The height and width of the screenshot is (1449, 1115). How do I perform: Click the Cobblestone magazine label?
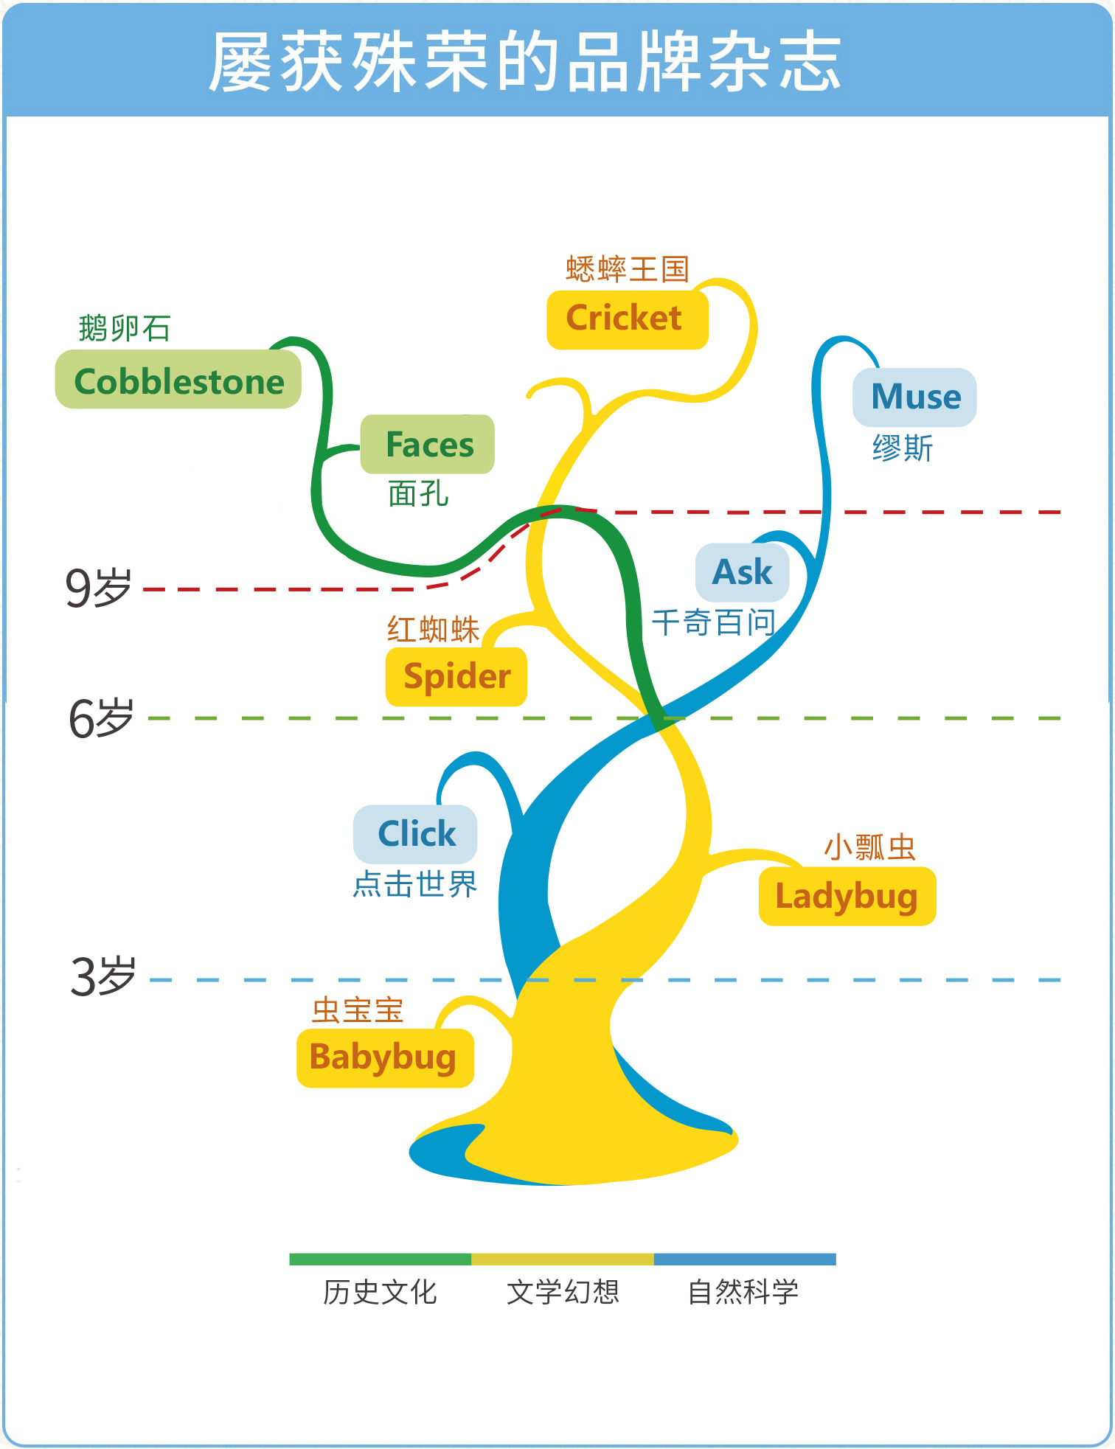[x=178, y=381]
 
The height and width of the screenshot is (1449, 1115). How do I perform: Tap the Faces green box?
[x=428, y=445]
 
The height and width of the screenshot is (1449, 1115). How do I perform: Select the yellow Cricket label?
[x=626, y=319]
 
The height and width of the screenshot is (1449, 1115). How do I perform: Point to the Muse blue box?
[x=914, y=397]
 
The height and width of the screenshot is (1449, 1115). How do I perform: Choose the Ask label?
[x=742, y=572]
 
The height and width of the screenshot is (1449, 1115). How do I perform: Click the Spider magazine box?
[x=456, y=676]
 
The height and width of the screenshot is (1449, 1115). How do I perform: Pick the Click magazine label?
[x=416, y=834]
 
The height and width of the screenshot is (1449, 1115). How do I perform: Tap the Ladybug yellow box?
[x=847, y=897]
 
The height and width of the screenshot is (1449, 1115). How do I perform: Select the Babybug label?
[x=384, y=1057]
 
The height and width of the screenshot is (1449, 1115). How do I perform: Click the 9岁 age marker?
[x=99, y=588]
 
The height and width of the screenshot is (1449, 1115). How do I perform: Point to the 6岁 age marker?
[x=101, y=718]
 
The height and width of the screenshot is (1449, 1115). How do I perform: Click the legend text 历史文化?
[x=380, y=1292]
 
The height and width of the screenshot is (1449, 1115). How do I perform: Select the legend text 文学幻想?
[x=563, y=1292]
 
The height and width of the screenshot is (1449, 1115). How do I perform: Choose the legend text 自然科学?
[x=743, y=1292]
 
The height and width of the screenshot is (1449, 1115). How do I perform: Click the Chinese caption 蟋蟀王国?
[x=627, y=270]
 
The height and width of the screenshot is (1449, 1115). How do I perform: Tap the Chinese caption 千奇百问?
[x=713, y=623]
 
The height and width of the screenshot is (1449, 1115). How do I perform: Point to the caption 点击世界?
[x=415, y=884]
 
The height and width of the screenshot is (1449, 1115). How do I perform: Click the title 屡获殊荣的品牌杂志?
[x=525, y=63]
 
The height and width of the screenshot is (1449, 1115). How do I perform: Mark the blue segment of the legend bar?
[x=745, y=1259]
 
